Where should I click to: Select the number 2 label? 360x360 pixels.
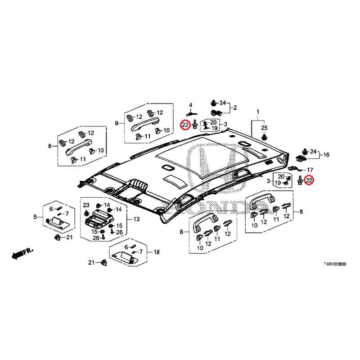pos(234,108)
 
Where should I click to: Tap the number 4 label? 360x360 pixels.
pos(190,105)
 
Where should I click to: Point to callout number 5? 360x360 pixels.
pos(35,217)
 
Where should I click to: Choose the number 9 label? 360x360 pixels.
pos(117,123)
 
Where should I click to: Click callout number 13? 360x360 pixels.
pos(136,219)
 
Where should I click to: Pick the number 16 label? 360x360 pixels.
pos(326,155)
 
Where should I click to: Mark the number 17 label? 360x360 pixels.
pos(310,170)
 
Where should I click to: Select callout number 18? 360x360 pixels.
pos(157,252)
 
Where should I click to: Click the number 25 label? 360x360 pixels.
pos(264,127)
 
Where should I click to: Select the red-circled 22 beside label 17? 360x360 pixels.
pos(309,180)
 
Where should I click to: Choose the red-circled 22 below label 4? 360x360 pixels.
pos(184,125)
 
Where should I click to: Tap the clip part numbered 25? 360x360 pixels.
pos(264,136)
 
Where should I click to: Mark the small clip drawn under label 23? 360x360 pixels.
pos(86,213)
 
